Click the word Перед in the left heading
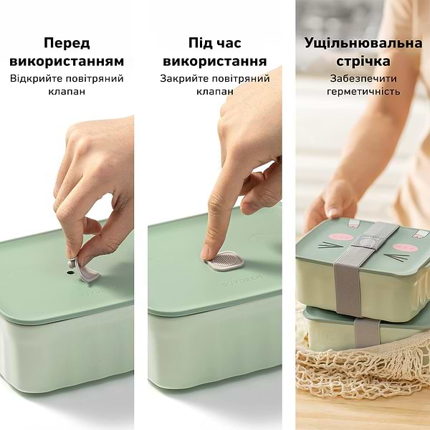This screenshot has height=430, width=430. (67, 44)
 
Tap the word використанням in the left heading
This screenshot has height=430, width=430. (67, 61)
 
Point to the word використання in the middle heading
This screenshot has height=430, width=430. (215, 61)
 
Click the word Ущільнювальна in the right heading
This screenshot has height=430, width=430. (363, 44)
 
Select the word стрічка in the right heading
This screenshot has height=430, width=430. (363, 61)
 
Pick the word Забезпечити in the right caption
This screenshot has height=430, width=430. (363, 78)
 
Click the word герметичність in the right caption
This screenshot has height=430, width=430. (363, 92)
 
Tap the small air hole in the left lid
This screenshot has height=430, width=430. (71, 273)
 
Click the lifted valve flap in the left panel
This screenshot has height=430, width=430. (86, 269)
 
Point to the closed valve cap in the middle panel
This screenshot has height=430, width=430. (225, 261)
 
